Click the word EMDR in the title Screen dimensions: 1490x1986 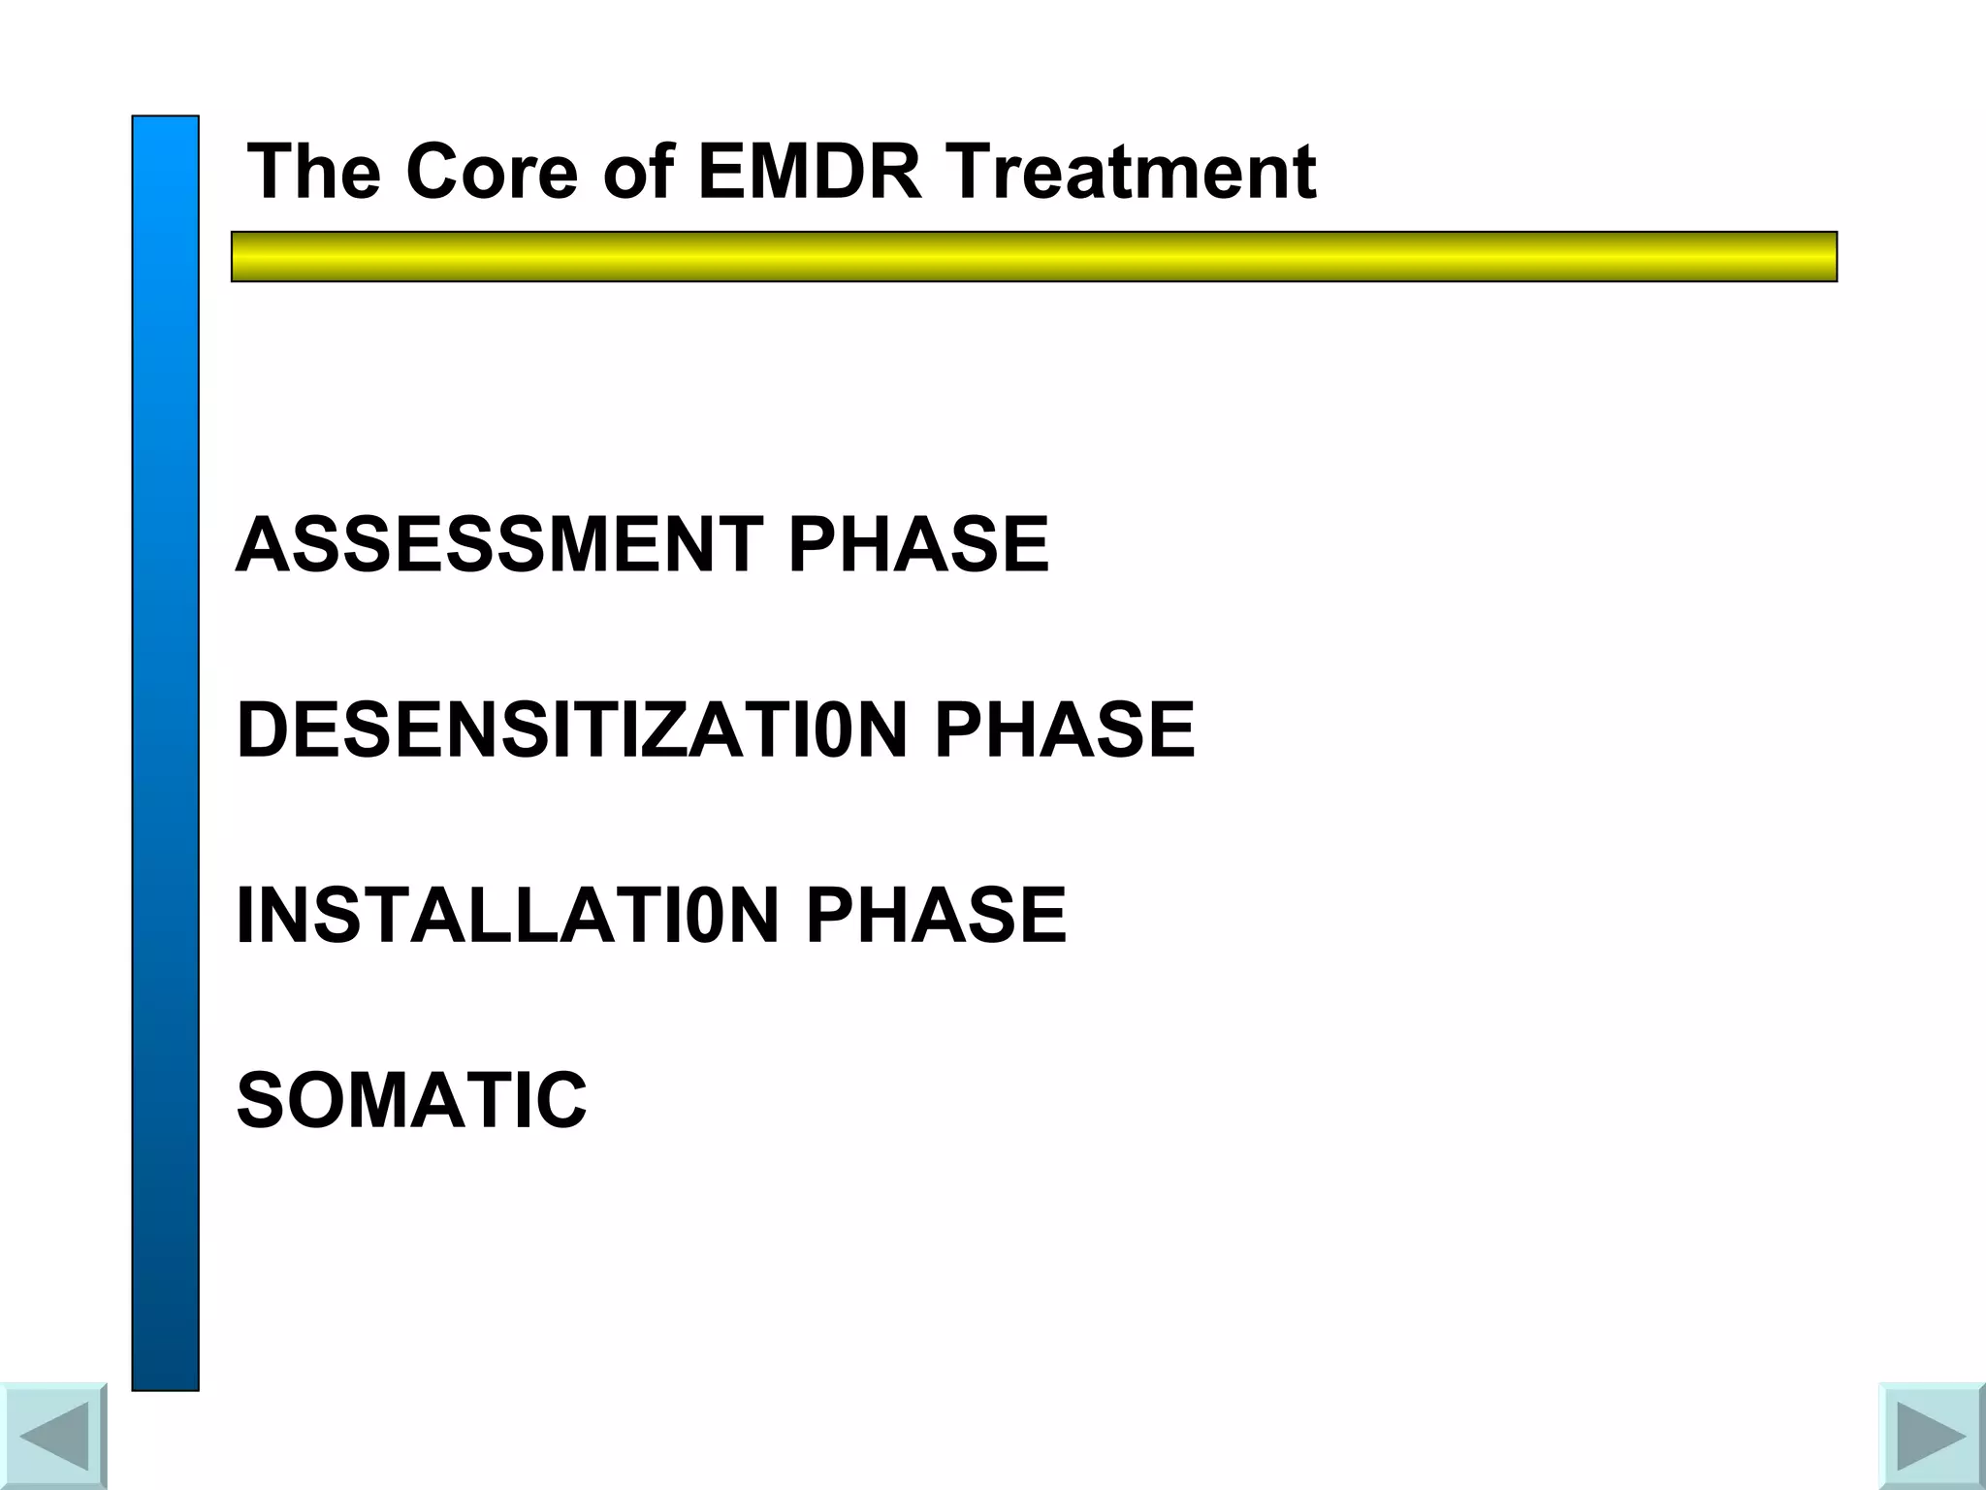(x=810, y=172)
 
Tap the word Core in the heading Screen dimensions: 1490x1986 (x=492, y=172)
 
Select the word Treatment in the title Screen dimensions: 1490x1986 (x=1131, y=172)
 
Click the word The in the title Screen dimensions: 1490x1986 (x=314, y=172)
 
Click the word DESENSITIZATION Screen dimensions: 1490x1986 (x=572, y=730)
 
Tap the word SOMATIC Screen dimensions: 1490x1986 (x=411, y=1100)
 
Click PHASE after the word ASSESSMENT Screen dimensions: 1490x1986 (x=918, y=545)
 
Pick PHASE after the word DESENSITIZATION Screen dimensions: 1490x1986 (x=1065, y=730)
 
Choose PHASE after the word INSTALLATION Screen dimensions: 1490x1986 (x=936, y=915)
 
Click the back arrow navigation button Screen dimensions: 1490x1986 (x=53, y=1437)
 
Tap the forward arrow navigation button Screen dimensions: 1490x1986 (x=1932, y=1437)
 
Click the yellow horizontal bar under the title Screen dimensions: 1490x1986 (x=1034, y=256)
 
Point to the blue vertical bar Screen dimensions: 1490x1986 (x=166, y=753)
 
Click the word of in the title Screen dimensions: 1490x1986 (x=638, y=172)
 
